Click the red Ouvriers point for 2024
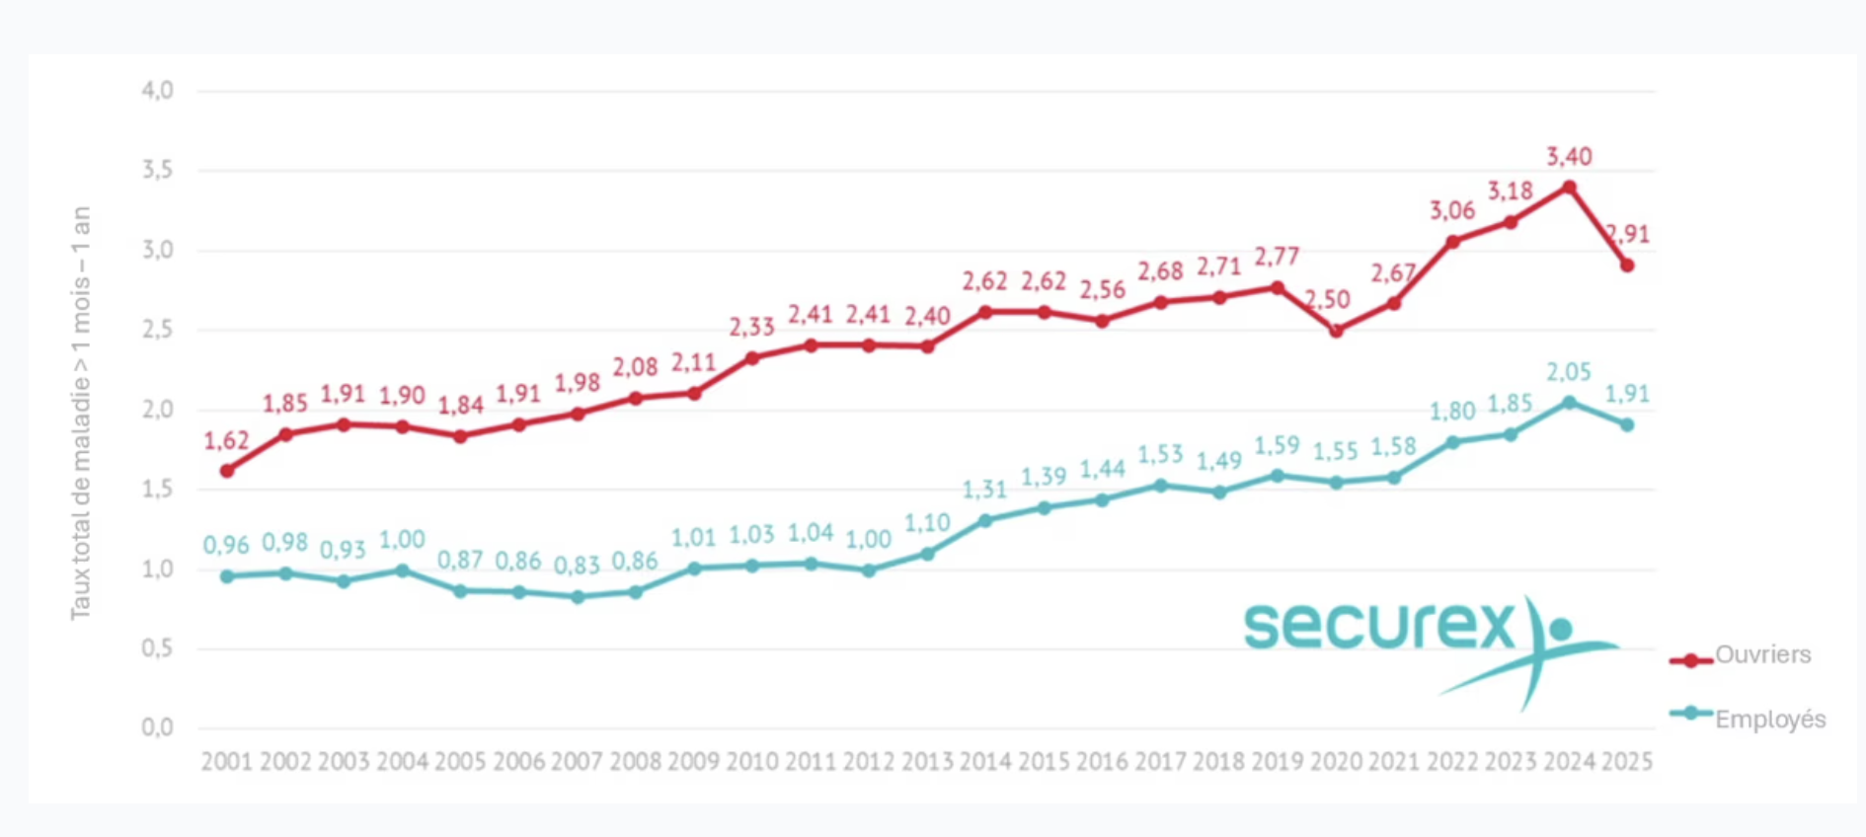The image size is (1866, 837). tap(1569, 187)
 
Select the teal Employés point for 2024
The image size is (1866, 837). tap(1569, 402)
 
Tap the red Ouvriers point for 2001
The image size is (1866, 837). tap(227, 471)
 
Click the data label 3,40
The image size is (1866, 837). tap(1569, 157)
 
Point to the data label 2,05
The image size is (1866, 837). tap(1569, 372)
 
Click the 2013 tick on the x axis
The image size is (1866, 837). tap(927, 761)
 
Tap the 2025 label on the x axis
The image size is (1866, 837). tap(1627, 761)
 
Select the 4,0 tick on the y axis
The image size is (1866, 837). tap(157, 91)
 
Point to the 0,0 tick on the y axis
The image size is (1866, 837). tap(157, 728)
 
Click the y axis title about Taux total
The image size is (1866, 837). tap(80, 413)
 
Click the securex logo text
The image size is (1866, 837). tap(1379, 626)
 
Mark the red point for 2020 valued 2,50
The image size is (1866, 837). tap(1336, 331)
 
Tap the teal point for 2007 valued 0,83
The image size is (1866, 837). tap(578, 596)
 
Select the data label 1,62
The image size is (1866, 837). tap(226, 440)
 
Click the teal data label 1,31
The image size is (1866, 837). tap(984, 490)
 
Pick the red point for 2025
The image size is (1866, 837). tap(1627, 265)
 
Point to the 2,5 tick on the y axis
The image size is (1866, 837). tap(157, 330)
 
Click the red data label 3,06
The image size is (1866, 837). tap(1451, 210)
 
